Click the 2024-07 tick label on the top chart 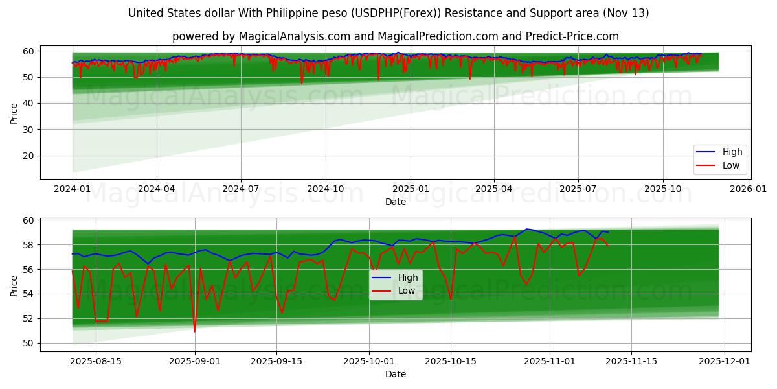pyautogui.click(x=241, y=188)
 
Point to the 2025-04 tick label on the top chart pyautogui.click(x=494, y=188)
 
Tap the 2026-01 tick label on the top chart pyautogui.click(x=748, y=188)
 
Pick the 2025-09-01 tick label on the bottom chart pyautogui.click(x=194, y=360)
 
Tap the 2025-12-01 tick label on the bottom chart pyautogui.click(x=725, y=360)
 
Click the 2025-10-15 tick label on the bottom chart pyautogui.click(x=451, y=360)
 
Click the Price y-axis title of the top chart pyautogui.click(x=14, y=113)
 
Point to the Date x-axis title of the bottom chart pyautogui.click(x=396, y=374)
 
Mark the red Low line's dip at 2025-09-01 pyautogui.click(x=194, y=331)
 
